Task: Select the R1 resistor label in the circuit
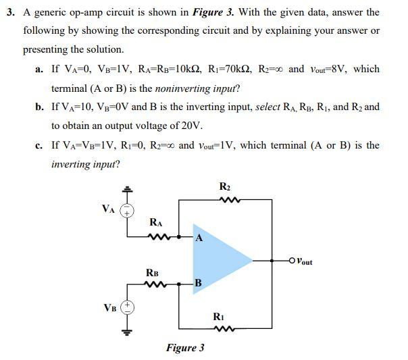[218, 316]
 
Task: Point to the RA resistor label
[157, 222]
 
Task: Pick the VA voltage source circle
[126, 211]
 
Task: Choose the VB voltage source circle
[127, 307]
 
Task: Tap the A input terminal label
[198, 237]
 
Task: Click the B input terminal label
[198, 282]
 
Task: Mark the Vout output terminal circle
[291, 259]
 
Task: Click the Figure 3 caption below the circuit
[185, 348]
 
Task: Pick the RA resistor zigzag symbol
[158, 236]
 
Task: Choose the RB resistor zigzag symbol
[154, 284]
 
